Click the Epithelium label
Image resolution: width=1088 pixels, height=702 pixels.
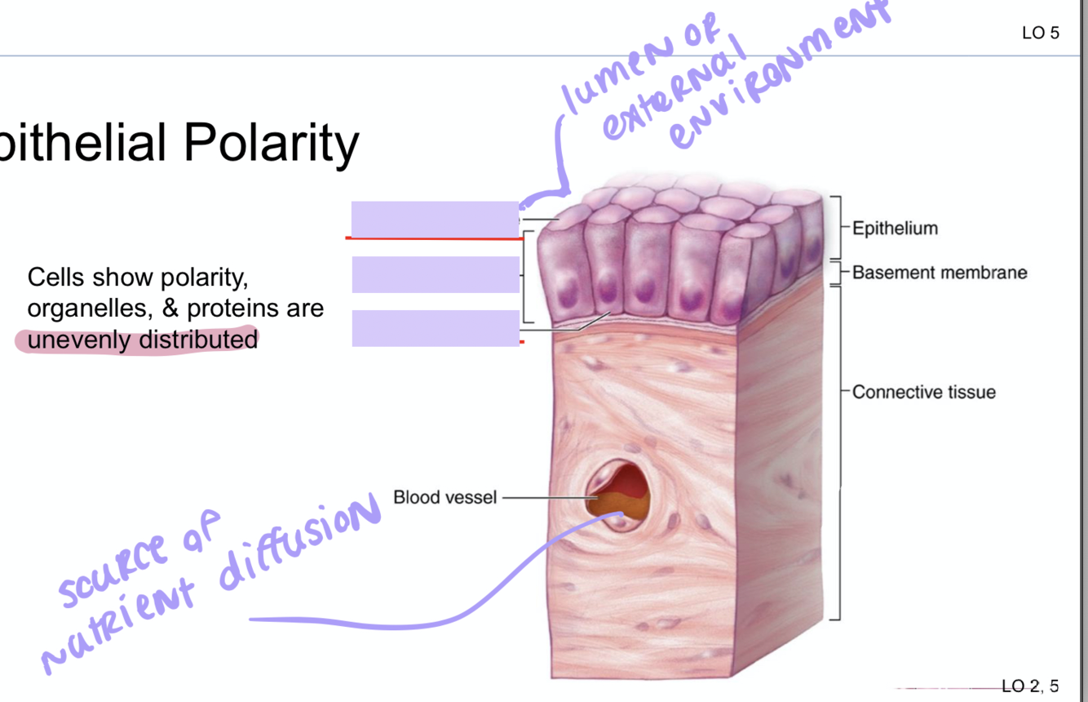pos(895,229)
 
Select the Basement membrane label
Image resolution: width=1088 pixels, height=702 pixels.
pos(940,273)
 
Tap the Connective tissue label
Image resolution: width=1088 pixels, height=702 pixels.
pos(923,393)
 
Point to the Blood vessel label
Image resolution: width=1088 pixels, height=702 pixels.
pos(444,497)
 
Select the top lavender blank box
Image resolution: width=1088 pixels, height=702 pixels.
pos(435,219)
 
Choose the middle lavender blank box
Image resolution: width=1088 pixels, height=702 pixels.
pos(435,274)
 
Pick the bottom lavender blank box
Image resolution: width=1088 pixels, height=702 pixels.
pos(435,328)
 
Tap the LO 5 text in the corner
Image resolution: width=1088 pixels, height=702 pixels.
pos(1040,33)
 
